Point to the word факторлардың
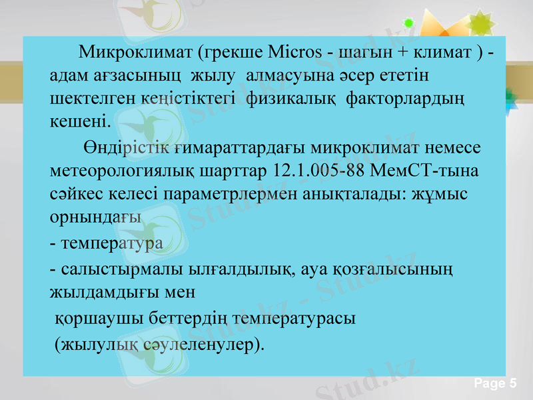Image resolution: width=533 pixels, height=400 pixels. [407, 99]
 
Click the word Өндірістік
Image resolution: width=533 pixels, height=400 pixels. [126, 146]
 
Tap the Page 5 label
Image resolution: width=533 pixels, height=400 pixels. [495, 383]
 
